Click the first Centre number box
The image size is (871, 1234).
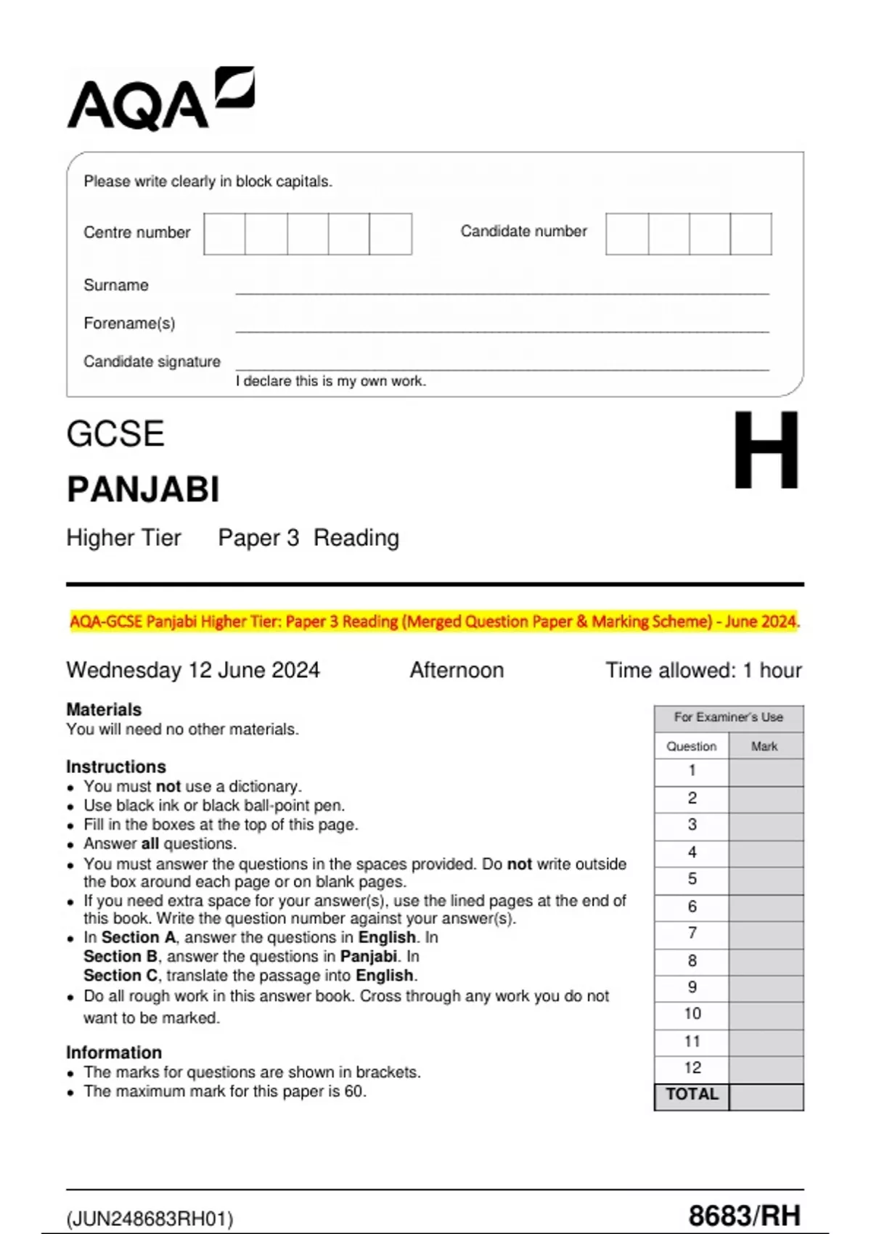pos(224,234)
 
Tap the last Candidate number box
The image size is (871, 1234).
pos(751,234)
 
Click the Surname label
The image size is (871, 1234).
pos(116,285)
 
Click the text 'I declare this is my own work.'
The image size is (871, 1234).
pos(330,381)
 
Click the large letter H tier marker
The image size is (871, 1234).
pos(765,451)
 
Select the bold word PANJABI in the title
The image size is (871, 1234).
pos(143,489)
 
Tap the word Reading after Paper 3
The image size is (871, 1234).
pos(356,538)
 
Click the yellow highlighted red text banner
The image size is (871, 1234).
pos(434,621)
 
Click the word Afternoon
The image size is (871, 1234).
pos(457,670)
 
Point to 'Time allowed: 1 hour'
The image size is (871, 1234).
pos(703,670)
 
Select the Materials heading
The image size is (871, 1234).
pos(104,709)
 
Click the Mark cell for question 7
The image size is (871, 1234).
pos(765,933)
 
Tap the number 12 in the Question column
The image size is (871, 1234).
pos(692,1068)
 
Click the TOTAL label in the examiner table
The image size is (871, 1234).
pos(692,1095)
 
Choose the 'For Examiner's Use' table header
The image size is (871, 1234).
pos(728,717)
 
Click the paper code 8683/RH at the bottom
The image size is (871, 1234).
pos(744,1215)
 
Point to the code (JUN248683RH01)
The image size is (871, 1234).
pos(150,1219)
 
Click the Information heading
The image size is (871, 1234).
pos(114,1053)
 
